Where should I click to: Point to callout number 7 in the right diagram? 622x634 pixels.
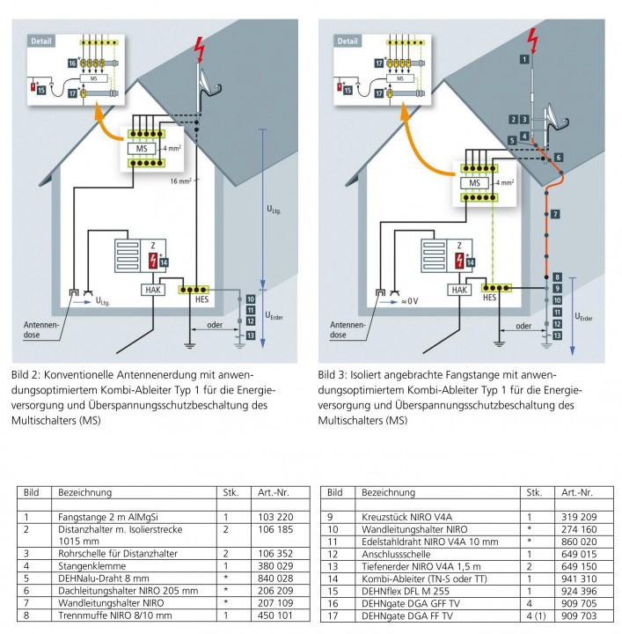556,214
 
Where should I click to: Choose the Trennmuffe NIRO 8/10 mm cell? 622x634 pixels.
102,616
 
